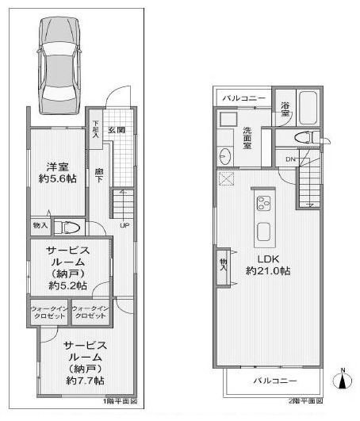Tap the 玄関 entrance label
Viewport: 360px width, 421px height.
[x=117, y=130]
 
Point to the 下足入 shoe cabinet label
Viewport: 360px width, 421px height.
[x=96, y=129]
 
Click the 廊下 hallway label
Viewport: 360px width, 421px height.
[x=99, y=176]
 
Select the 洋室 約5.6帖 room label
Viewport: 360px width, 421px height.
[x=58, y=173]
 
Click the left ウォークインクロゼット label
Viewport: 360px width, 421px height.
[x=49, y=312]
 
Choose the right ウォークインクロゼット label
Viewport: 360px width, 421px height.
[x=90, y=312]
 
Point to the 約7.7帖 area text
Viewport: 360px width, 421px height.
[x=85, y=381]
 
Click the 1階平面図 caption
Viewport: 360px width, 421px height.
[x=121, y=403]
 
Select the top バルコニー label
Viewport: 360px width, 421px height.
[x=243, y=98]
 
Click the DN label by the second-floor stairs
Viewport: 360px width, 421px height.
[x=292, y=159]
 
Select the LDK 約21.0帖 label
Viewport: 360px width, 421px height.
[x=267, y=265]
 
